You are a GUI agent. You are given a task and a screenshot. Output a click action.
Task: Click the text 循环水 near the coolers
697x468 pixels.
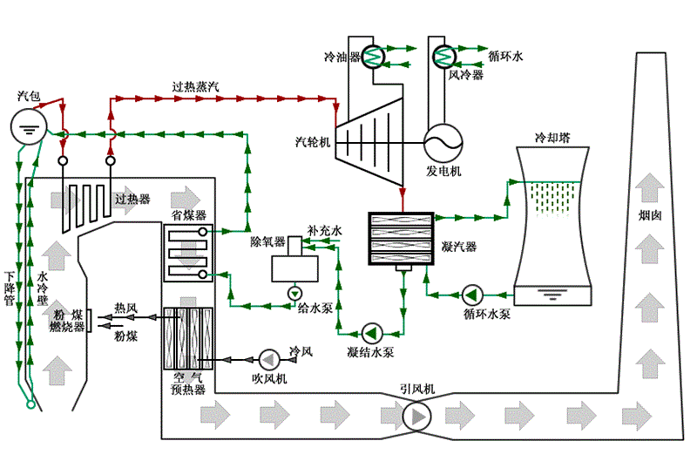505,56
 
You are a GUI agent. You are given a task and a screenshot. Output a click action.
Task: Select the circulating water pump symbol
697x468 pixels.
473,293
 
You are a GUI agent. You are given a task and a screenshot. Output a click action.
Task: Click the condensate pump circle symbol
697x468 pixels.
373,332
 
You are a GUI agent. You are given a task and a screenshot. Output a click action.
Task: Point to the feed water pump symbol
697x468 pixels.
294,293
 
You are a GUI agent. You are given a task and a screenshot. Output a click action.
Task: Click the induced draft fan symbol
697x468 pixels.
416,417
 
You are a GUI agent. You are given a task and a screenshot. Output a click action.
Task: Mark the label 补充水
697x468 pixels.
323,232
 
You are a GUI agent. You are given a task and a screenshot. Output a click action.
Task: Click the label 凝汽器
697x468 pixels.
460,247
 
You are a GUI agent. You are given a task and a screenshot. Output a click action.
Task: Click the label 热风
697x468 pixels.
126,308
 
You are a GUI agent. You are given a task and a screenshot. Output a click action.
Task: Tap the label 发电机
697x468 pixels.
443,171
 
